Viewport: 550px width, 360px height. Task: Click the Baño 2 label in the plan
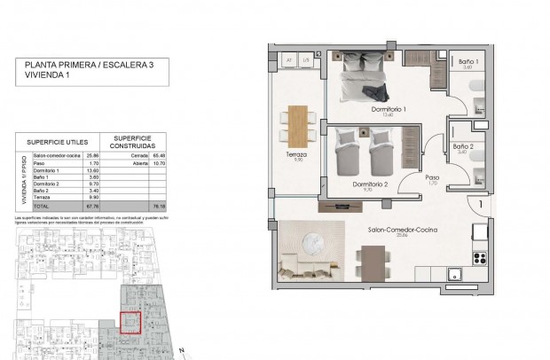[x=462, y=146]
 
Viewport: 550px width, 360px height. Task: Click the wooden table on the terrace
[x=297, y=123]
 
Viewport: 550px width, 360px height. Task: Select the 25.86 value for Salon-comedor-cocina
[x=89, y=155]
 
